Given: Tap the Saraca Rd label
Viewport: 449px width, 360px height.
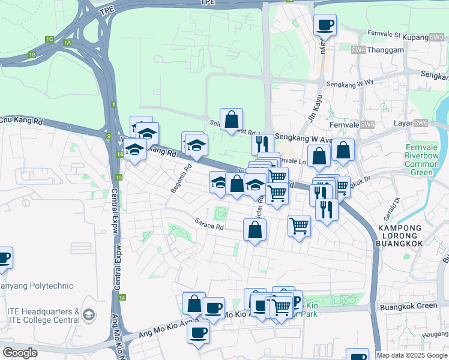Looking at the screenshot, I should [209, 227].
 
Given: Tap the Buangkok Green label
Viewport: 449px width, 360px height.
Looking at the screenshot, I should [409, 306].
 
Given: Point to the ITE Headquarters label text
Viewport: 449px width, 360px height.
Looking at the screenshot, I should [43, 312].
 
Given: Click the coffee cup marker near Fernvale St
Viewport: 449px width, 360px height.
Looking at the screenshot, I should [325, 25].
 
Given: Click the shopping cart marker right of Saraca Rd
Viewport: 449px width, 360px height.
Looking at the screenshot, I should [299, 226].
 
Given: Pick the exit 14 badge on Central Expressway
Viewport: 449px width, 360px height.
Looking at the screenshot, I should [122, 298].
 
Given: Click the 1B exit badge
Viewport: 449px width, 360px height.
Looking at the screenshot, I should [32, 55].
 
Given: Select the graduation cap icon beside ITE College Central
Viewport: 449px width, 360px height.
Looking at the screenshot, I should [89, 314].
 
